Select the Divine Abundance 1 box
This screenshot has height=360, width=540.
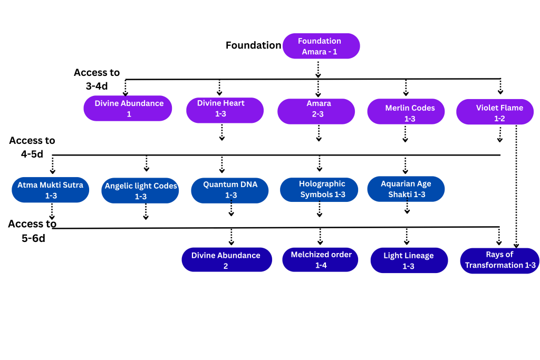tap(129, 108)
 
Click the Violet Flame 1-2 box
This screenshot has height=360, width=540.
tap(494, 113)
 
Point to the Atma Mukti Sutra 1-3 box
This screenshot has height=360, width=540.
tap(50, 190)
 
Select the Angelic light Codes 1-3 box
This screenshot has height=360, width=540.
tap(141, 191)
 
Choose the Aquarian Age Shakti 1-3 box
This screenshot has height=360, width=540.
tap(406, 189)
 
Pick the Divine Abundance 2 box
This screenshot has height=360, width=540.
tap(227, 260)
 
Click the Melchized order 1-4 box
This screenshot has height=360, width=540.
tap(320, 259)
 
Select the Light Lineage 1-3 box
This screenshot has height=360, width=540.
tap(409, 260)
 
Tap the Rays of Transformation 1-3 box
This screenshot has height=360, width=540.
tap(499, 260)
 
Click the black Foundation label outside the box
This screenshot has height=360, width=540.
tap(253, 45)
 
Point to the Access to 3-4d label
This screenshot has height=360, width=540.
tap(97, 79)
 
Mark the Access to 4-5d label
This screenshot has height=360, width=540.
tap(32, 148)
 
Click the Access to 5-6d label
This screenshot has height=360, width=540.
tap(32, 230)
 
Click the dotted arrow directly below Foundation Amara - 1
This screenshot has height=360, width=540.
tap(318, 69)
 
